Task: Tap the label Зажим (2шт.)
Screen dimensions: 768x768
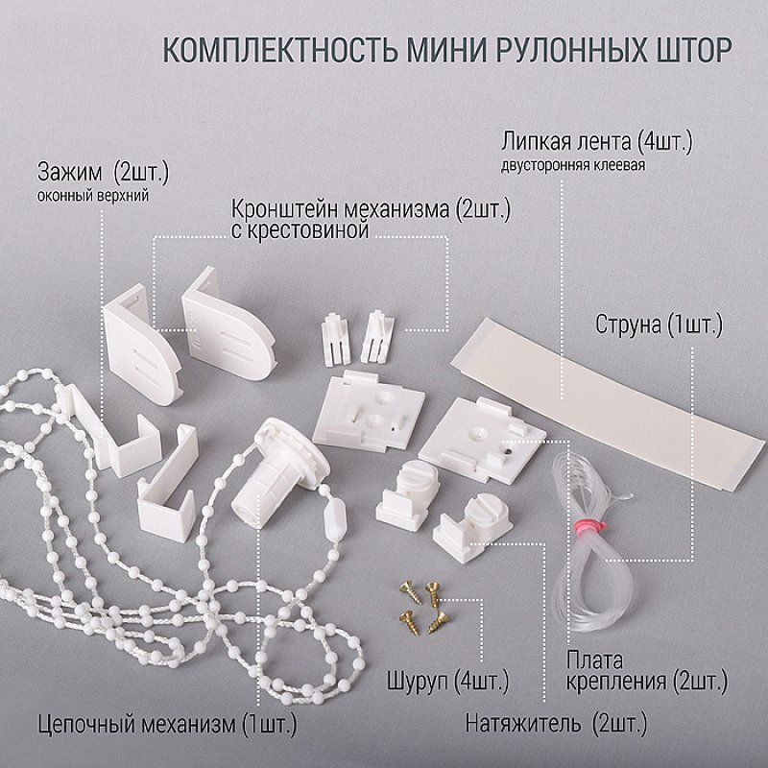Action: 104,173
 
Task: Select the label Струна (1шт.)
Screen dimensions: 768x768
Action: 659,324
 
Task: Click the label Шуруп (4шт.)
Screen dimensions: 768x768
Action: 447,681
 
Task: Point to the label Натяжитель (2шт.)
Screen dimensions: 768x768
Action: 556,724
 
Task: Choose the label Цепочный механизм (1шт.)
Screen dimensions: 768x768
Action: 167,725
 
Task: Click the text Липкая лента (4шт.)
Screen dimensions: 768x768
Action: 596,142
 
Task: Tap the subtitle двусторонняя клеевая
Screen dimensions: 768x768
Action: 572,165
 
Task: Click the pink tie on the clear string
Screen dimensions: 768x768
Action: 588,527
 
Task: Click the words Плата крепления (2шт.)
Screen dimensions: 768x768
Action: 646,670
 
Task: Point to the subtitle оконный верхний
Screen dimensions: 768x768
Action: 93,196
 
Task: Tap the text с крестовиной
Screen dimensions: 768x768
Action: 300,230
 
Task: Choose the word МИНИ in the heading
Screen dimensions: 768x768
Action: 446,50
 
